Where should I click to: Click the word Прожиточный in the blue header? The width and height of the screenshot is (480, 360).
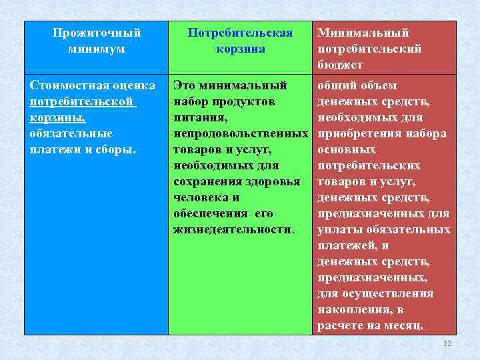(97, 33)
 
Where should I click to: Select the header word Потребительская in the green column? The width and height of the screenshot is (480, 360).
(240, 33)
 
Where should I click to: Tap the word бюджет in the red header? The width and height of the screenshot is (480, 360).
(340, 65)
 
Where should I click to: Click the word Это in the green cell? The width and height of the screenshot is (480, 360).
(184, 85)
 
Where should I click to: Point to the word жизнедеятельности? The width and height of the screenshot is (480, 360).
(232, 229)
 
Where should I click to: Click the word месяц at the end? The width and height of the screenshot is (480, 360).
(403, 325)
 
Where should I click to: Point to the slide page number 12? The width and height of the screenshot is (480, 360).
(447, 343)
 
